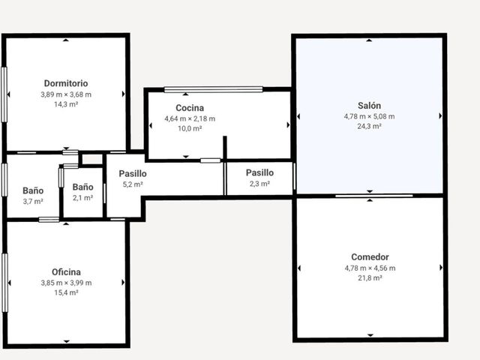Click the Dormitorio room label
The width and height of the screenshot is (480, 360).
click(66, 83)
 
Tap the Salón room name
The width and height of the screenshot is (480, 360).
click(369, 106)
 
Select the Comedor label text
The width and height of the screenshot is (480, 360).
click(370, 256)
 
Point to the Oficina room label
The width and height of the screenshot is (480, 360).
click(66, 271)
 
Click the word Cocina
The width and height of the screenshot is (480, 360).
click(190, 108)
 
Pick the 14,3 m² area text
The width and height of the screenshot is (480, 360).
click(66, 104)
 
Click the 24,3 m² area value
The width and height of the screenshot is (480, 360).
click(369, 126)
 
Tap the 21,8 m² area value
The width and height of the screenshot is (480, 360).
click(370, 278)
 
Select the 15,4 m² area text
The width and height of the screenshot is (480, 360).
click(66, 292)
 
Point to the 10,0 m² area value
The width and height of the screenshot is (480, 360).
click(190, 128)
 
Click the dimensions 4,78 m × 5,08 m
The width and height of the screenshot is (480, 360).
click(369, 116)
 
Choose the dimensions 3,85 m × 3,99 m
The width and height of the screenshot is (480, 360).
click(66, 283)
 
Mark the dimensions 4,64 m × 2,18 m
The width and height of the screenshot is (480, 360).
click(190, 118)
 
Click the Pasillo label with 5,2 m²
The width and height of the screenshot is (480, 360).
click(133, 173)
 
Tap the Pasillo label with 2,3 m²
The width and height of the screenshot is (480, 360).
click(259, 172)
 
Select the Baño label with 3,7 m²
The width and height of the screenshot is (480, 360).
click(33, 190)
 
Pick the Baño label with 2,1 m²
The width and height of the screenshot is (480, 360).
click(82, 187)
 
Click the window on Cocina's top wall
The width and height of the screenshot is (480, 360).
click(213, 89)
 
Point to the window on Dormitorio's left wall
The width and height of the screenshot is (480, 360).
click(4, 94)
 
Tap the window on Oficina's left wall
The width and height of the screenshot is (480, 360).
click(4, 283)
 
